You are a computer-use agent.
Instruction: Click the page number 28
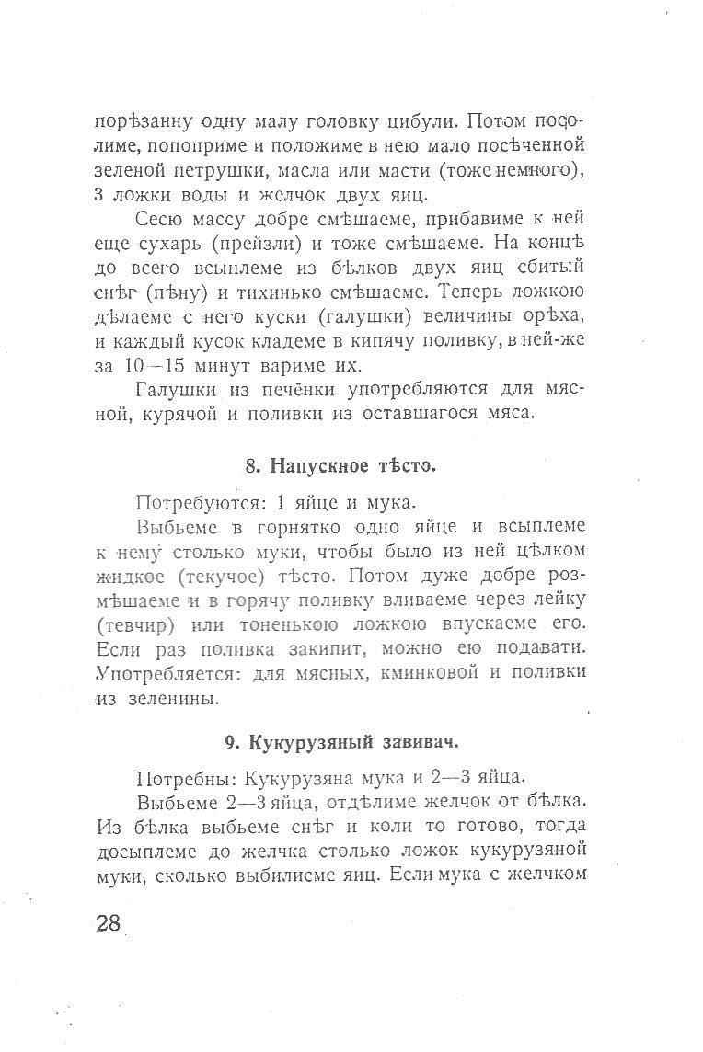(x=109, y=922)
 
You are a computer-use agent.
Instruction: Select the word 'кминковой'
(x=431, y=673)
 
